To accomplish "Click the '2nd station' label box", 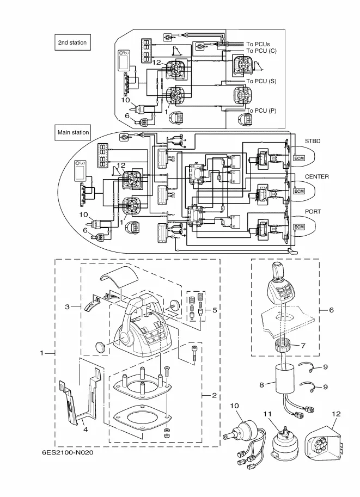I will (x=72, y=42).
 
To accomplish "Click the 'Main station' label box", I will (x=74, y=132).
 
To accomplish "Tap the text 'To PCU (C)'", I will (x=261, y=51).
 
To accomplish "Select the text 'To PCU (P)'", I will (x=261, y=111).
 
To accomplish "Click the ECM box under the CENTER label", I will (x=299, y=191).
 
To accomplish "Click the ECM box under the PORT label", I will (x=299, y=226).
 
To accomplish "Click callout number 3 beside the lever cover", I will (x=67, y=307).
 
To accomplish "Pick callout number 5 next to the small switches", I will (x=215, y=310).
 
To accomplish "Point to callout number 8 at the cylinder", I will (x=261, y=385).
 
